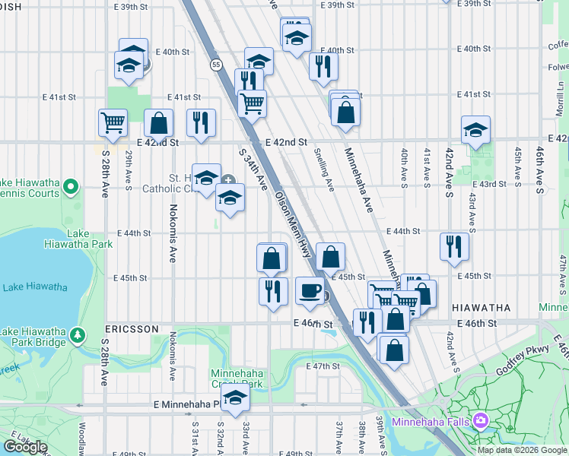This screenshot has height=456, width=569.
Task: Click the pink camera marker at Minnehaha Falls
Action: pos(480,420)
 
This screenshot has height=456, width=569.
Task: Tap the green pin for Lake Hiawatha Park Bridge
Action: pos(76,335)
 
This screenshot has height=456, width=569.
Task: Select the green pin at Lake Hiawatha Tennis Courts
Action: pos(71,185)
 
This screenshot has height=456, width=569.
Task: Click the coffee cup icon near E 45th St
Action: pos(310,291)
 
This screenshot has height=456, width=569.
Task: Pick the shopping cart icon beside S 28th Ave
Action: pos(113,122)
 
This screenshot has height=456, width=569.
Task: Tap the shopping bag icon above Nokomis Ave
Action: pos(158,122)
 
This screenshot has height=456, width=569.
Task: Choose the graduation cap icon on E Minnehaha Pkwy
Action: pos(236,399)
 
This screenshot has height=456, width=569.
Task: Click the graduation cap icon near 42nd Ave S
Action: pos(475,129)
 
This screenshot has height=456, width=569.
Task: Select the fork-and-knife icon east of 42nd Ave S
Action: pos(454,246)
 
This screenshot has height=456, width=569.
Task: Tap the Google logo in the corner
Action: pos(26,446)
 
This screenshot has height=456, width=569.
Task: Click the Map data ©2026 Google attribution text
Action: pos(522,450)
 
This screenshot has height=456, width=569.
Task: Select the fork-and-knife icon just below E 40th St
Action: pos(323,66)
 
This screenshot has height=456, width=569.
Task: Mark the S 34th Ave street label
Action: pos(253,169)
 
